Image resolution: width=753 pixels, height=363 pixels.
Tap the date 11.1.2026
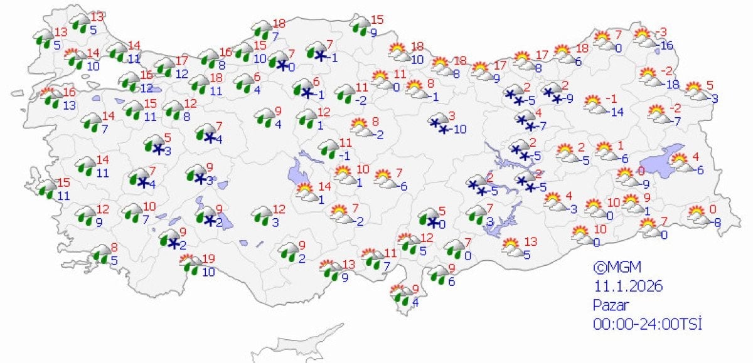pyautogui.click(x=628, y=287)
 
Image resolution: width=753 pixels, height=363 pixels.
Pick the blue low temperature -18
pyautogui.click(x=672, y=85)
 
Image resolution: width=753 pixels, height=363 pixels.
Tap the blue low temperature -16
pyautogui.click(x=664, y=45)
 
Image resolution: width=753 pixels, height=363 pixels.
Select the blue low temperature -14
pyautogui.click(x=617, y=112)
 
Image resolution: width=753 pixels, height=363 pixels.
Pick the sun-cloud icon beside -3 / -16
pyautogui.click(x=643, y=39)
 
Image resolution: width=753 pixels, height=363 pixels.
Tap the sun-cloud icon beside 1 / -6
pyautogui.click(x=605, y=151)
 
